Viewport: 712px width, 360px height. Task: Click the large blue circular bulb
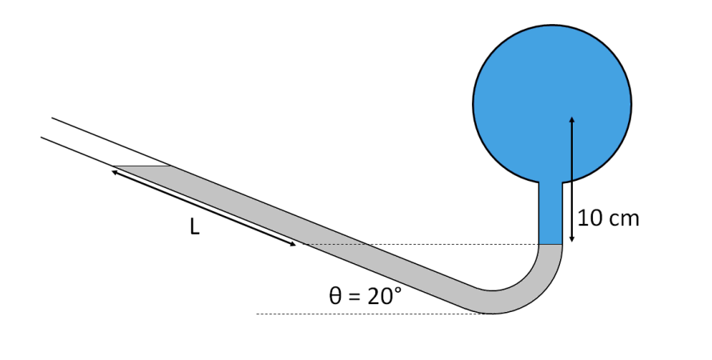[552, 88]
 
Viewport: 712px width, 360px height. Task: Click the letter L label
[194, 227]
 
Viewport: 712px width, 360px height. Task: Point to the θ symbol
[336, 296]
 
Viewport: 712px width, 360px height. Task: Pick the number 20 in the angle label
[378, 296]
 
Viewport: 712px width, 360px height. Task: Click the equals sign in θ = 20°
[355, 297]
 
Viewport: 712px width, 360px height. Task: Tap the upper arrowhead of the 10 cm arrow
[571, 119]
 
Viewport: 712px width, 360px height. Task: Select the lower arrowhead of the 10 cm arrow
[571, 239]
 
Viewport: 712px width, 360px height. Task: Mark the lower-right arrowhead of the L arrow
[294, 244]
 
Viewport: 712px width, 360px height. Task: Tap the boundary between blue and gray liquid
[550, 244]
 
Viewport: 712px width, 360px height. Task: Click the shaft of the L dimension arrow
[204, 207]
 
